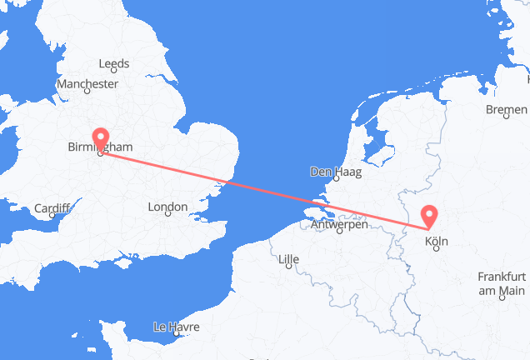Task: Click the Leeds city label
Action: point(113,63)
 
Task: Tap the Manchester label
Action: point(87,84)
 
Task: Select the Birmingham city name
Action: point(99,147)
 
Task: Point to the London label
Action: point(167,207)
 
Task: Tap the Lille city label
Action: point(290,257)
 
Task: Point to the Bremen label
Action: point(507,109)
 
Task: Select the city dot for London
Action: point(167,216)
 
